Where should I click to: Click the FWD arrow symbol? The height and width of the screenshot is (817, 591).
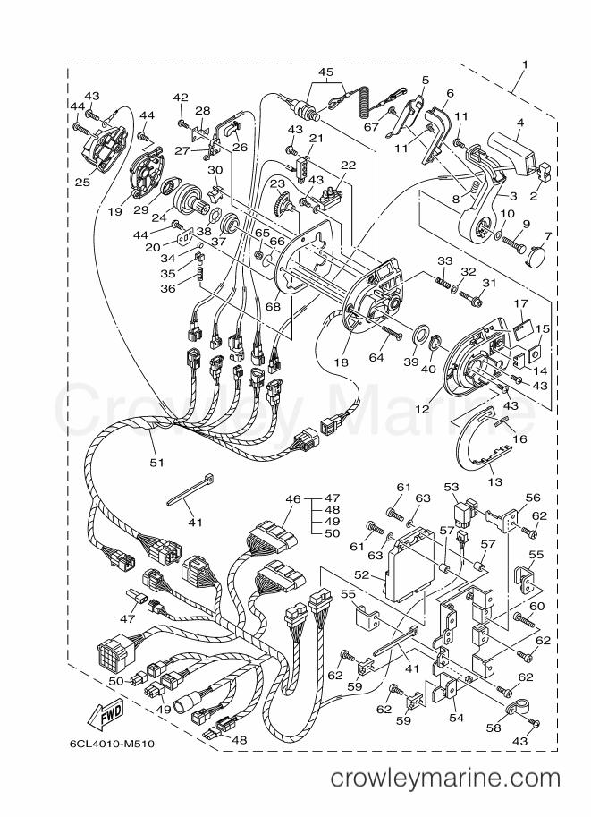click(x=106, y=715)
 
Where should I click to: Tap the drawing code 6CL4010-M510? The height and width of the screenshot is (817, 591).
click(x=112, y=744)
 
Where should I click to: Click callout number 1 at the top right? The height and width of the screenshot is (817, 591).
click(x=526, y=64)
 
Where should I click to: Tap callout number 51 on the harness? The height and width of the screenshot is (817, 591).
click(x=156, y=462)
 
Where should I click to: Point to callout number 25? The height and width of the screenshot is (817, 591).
click(x=83, y=182)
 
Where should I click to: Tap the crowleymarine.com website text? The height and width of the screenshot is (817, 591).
click(x=445, y=779)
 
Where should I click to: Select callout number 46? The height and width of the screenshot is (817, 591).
click(x=293, y=499)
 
